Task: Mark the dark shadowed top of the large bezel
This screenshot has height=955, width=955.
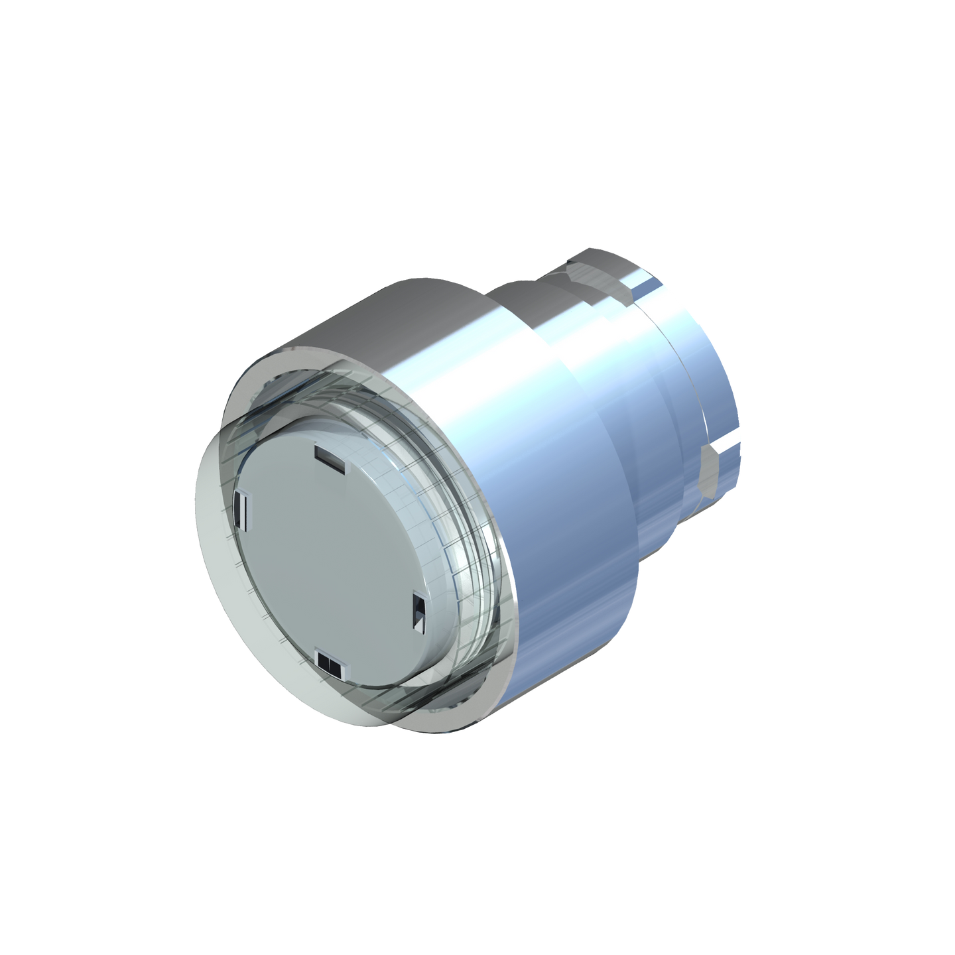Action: pos(398,312)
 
